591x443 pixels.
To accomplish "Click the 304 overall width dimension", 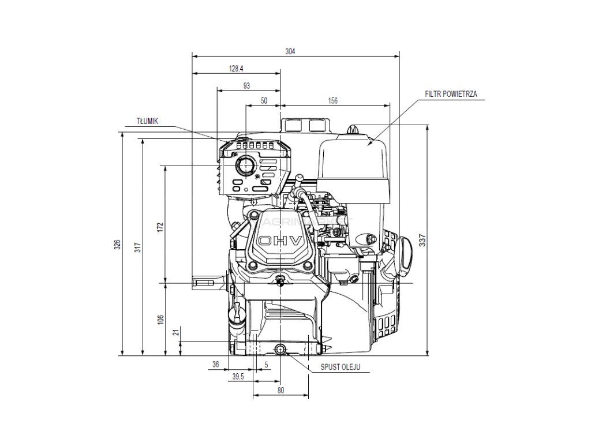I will pos(290,52).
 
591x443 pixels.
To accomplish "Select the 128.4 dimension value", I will pos(236,69).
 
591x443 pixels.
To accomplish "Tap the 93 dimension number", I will pos(246,85).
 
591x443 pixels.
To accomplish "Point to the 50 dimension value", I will pos(264,101).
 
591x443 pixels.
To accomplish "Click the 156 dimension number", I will pos(332,101).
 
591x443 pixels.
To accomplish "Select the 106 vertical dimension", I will pos(160,318).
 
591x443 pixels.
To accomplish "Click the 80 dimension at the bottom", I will pos(281,391).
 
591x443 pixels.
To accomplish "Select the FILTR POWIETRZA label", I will pos(450,93).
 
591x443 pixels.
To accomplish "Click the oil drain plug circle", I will pos(280,348).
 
